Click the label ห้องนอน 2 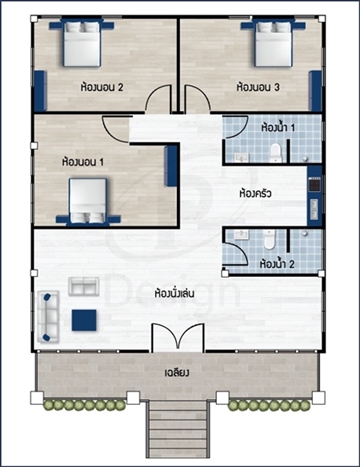(102, 87)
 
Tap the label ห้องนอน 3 (258, 87)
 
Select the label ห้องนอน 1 (83, 162)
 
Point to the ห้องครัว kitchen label (255, 193)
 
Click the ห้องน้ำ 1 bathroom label (278, 128)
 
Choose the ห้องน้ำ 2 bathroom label (277, 264)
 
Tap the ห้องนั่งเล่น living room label (175, 294)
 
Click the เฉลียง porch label (177, 372)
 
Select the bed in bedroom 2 (82, 43)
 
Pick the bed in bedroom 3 (273, 43)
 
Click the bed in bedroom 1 (88, 201)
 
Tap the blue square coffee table (84, 320)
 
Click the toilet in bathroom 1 (275, 154)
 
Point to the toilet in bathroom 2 (269, 239)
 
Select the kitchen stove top (314, 184)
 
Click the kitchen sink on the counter (314, 209)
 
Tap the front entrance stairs (177, 429)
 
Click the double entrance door (177, 337)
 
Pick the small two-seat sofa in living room (84, 286)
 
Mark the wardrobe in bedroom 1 (171, 166)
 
